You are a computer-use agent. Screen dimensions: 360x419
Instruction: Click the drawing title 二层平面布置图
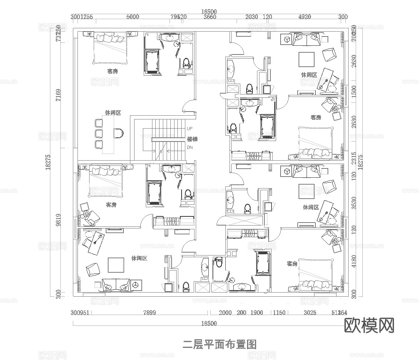pos(219,344)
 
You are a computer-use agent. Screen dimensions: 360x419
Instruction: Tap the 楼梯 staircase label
pos(192,138)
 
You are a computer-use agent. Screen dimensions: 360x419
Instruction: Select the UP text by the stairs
pos(190,129)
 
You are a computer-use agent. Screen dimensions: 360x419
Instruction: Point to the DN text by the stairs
pos(190,147)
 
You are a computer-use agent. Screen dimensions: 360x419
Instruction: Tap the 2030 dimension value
pos(252,17)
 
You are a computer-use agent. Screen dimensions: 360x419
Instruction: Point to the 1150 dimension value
pos(279,313)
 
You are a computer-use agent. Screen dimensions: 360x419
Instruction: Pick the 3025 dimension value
pos(309,313)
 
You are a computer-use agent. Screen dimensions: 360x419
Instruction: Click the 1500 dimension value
pos(354,91)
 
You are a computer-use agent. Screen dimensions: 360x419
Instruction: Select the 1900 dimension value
pos(257,313)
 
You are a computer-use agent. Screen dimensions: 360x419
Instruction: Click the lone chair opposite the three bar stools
pos(118,133)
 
